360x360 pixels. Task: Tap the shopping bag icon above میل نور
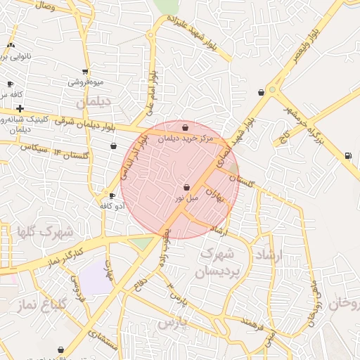point(186,188)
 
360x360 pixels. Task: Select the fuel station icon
point(347,155)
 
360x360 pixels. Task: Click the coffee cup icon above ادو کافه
point(112,195)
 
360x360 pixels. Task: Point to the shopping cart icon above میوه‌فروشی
point(85,71)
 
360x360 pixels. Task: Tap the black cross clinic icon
point(20,109)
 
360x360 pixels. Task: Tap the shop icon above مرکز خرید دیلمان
point(184,127)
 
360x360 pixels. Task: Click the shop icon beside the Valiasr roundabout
point(262,92)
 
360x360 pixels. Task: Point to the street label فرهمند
point(251,325)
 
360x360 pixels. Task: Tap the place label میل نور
point(188,198)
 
